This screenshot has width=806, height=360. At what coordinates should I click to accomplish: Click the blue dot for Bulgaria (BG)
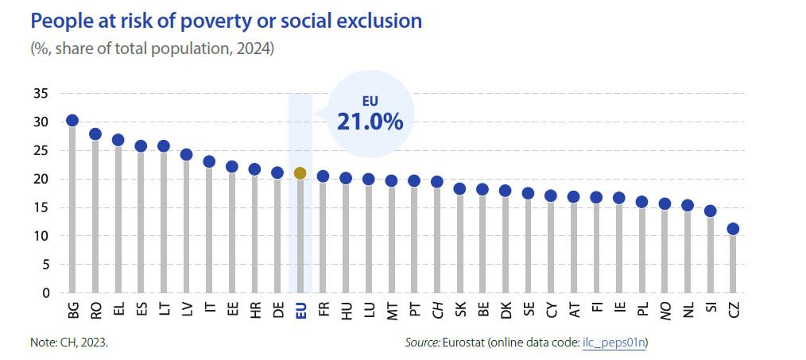pyautogui.click(x=72, y=121)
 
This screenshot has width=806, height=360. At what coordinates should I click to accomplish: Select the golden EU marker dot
pyautogui.click(x=300, y=173)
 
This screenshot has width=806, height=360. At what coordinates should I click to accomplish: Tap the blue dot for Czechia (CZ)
pyautogui.click(x=734, y=229)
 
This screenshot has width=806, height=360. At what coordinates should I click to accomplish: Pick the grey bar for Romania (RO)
pyautogui.click(x=95, y=215)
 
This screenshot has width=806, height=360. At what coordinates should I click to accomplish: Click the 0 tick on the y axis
pyautogui.click(x=46, y=293)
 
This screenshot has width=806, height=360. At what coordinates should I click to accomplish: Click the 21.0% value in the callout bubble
pyautogui.click(x=370, y=122)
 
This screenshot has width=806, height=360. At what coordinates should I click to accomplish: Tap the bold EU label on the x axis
pyautogui.click(x=300, y=310)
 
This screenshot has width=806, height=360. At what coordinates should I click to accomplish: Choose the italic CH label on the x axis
pyautogui.click(x=437, y=310)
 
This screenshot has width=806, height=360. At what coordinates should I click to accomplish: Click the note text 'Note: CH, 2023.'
pyautogui.click(x=70, y=343)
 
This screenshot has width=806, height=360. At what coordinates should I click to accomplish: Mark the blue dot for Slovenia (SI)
pyautogui.click(x=711, y=211)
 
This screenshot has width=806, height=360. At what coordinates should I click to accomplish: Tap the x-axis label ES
pyautogui.click(x=141, y=310)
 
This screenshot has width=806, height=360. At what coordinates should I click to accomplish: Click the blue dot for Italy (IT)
pyautogui.click(x=209, y=162)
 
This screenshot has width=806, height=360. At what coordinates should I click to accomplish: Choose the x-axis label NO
pyautogui.click(x=665, y=310)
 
